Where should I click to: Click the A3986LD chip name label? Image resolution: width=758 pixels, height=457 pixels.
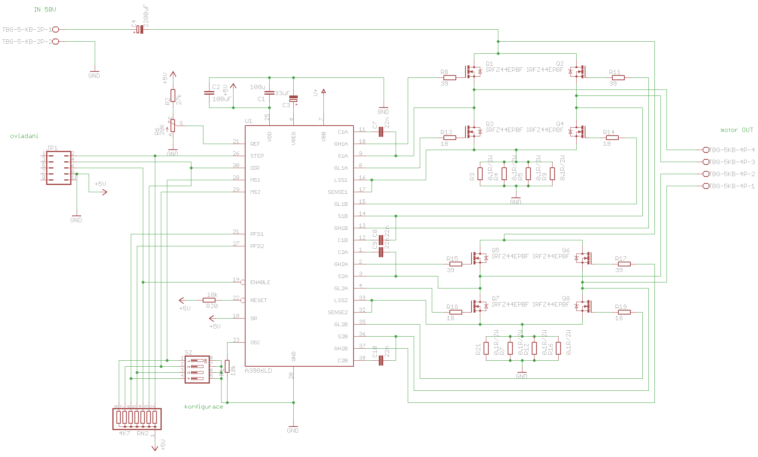[258, 370]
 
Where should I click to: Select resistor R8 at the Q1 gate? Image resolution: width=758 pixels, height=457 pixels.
[450, 77]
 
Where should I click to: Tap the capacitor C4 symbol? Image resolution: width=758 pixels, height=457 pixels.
[139, 29]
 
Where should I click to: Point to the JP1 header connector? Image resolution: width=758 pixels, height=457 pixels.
[59, 168]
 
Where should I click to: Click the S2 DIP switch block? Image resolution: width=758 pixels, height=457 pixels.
[197, 369]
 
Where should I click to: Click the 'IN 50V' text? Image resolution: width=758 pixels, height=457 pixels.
[45, 10]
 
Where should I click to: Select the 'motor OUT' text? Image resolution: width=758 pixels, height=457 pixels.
[737, 130]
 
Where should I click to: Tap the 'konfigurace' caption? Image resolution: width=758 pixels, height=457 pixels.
[203, 406]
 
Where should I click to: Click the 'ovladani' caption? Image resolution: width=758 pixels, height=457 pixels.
[24, 136]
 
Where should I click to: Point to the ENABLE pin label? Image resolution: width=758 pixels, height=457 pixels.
[260, 282]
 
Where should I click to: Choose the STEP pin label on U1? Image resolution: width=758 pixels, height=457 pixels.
[257, 156]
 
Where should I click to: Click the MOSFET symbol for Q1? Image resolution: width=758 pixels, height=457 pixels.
[472, 72]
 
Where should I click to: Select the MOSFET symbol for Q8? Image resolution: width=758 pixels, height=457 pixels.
[584, 307]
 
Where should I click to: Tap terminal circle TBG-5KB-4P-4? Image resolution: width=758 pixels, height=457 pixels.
[706, 150]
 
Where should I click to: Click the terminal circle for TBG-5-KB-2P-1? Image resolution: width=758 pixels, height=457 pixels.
[56, 29]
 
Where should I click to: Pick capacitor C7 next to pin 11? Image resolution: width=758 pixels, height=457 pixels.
[381, 132]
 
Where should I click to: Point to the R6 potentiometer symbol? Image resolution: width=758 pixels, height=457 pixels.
[173, 126]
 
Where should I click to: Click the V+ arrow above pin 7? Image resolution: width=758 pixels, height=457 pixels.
[323, 91]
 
